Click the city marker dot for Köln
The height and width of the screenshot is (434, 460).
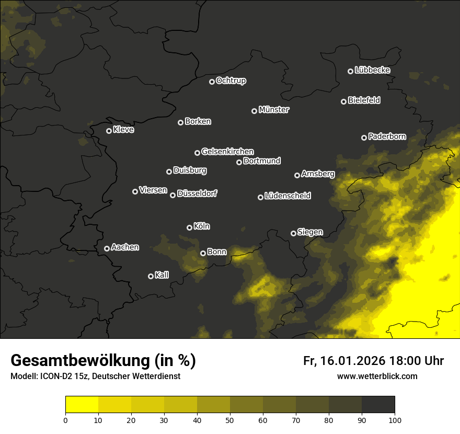(189, 227)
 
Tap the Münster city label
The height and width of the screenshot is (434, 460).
(274, 110)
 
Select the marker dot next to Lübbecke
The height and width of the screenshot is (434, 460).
(350, 71)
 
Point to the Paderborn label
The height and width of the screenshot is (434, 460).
(387, 136)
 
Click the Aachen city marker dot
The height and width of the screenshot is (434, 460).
(107, 248)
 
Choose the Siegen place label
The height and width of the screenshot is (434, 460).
(310, 232)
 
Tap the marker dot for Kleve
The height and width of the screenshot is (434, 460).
(109, 131)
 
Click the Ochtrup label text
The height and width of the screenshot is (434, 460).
(231, 81)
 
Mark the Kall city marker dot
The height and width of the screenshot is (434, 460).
(151, 276)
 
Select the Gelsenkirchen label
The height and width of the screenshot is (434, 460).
(227, 152)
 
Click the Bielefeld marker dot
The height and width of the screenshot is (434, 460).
(343, 101)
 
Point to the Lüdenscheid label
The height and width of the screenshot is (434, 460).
(287, 196)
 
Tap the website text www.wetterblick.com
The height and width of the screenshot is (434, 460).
(377, 376)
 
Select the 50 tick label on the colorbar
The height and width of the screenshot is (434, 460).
(230, 419)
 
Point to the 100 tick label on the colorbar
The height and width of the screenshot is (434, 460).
(395, 419)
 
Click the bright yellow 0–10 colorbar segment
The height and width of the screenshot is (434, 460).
(82, 405)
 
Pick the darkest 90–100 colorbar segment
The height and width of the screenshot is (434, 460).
(378, 405)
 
